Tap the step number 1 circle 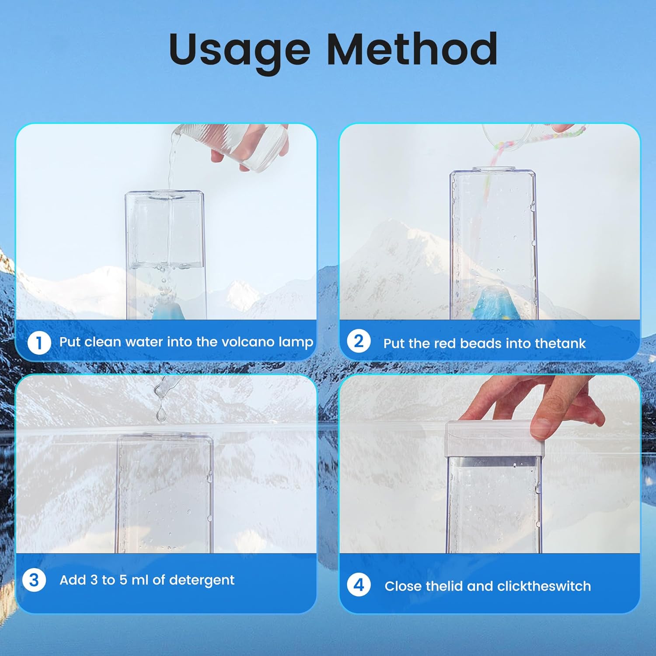[x=39, y=342]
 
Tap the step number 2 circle [x=359, y=341]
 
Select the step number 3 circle [x=34, y=580]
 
